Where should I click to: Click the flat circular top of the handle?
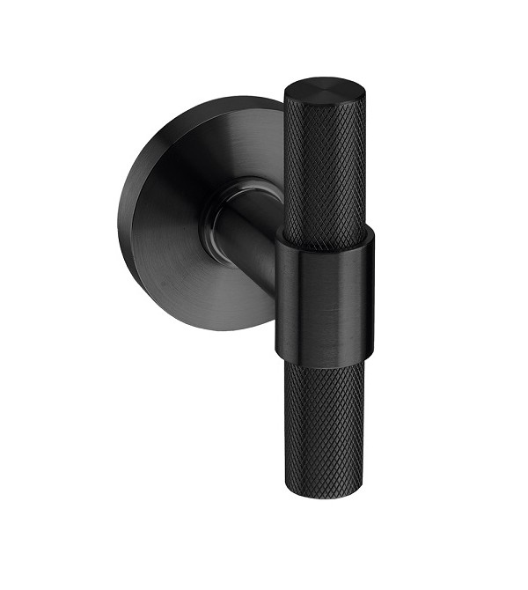click(x=325, y=89)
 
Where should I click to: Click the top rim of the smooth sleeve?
click(x=326, y=233)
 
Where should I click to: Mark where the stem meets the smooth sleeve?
click(x=279, y=264)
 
